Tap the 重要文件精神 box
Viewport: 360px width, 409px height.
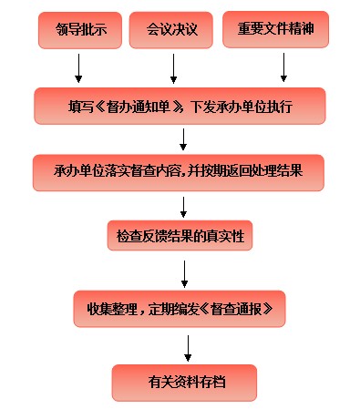[276, 30]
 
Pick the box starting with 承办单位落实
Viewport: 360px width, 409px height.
[180, 170]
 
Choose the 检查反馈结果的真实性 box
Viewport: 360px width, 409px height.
[180, 237]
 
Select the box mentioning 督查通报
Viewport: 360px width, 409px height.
[180, 309]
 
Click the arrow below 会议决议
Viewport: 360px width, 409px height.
[173, 67]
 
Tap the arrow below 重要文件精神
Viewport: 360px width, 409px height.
[283, 67]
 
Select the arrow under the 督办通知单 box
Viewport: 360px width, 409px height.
[184, 138]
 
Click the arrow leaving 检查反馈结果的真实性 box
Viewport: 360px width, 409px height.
[185, 271]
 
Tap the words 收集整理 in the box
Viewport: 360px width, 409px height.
[111, 310]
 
